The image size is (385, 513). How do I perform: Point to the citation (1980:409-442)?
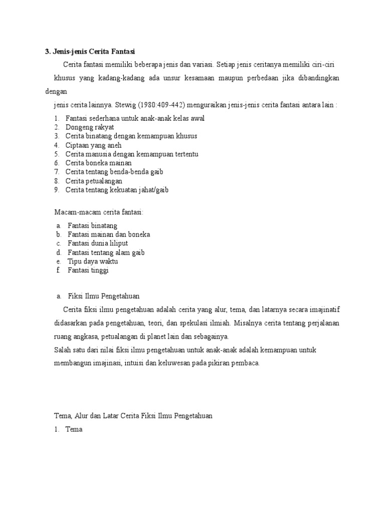[x=169, y=105]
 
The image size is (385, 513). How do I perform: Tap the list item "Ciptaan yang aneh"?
[x=93, y=145]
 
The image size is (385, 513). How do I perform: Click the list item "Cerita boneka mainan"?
[x=98, y=163]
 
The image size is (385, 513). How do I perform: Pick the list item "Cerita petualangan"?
[x=94, y=181]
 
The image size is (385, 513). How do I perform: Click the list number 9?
[x=57, y=190]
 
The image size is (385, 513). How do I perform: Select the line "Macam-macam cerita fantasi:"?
[x=99, y=212]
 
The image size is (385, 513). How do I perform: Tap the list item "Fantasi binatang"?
[x=92, y=226]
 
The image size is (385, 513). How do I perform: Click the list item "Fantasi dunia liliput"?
[x=98, y=243]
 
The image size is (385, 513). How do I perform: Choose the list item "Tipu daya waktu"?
[x=93, y=262]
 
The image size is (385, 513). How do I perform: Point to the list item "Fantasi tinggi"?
[x=88, y=271]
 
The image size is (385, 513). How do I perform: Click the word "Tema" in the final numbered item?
[x=74, y=429]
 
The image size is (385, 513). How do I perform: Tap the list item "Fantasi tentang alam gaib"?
[x=106, y=252]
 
